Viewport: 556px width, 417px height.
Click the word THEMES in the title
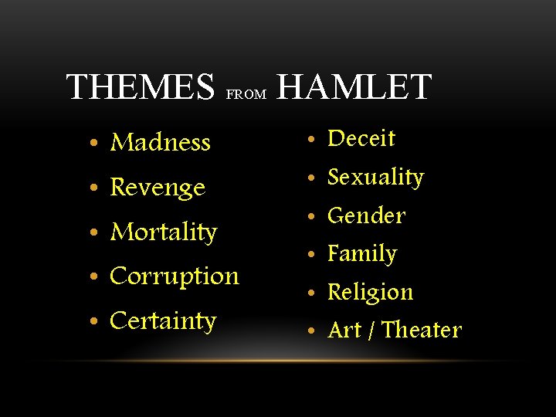coord(140,87)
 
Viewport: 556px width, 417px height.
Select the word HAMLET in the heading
coord(354,87)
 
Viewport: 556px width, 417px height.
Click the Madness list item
coord(161,142)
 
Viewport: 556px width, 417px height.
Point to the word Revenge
coord(158,188)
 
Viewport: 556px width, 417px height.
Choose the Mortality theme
coord(164,232)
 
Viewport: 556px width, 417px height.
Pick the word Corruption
coord(175,276)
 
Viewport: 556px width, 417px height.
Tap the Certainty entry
coord(163,320)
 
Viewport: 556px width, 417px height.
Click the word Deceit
coord(361,139)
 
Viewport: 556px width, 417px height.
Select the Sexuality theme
coord(376,178)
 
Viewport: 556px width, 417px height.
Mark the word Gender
coord(366,215)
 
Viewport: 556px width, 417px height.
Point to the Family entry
coord(362,254)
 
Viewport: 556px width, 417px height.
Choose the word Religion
coord(371,292)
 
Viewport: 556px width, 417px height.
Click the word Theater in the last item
coord(422,331)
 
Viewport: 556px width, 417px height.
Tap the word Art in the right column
coord(345,331)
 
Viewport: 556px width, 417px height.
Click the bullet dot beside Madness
coord(93,144)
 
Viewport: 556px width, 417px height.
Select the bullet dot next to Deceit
coord(310,141)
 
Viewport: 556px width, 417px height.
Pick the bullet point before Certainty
coord(93,322)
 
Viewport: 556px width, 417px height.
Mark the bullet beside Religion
coord(310,293)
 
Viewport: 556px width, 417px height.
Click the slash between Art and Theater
coord(372,331)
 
